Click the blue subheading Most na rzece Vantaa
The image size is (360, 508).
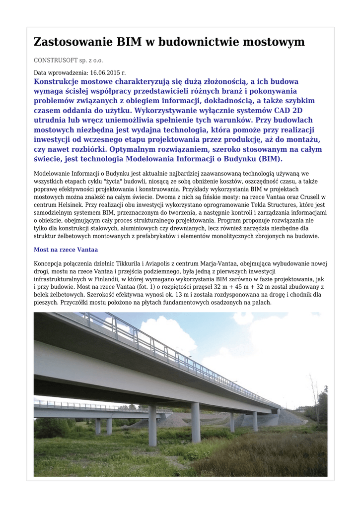tap(66, 250)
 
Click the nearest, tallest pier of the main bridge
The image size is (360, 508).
tap(152, 426)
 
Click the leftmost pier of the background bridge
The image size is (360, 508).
tap(98, 426)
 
